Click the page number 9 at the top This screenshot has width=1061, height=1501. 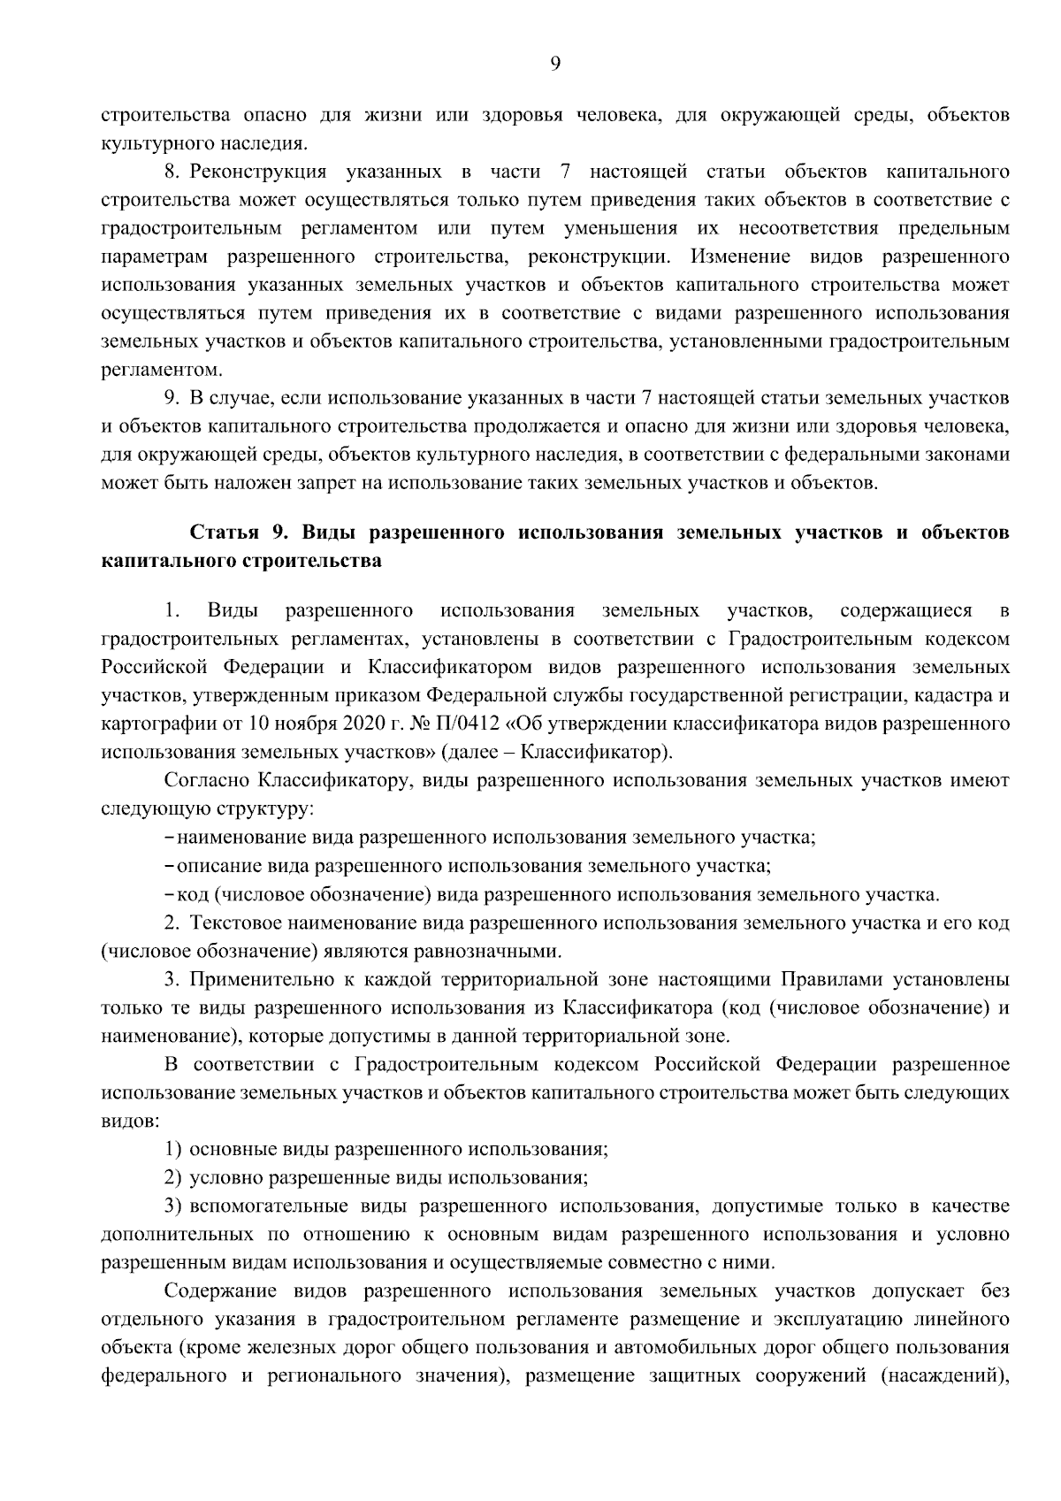tap(554, 62)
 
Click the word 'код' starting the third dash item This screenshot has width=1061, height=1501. tap(194, 894)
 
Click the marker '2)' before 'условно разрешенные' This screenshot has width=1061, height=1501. tap(173, 1178)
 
